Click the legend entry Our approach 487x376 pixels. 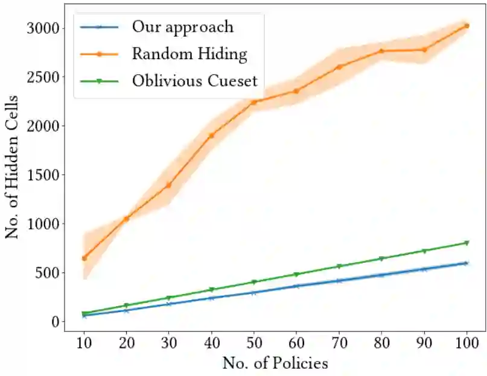(183, 27)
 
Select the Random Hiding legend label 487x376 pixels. (189, 54)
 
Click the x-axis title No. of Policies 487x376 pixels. (275, 363)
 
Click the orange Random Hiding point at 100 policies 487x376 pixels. (466, 26)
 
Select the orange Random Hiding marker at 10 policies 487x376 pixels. (84, 258)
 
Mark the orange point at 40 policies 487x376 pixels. (212, 136)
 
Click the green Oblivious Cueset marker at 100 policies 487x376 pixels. (466, 243)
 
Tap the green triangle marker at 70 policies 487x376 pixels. (339, 266)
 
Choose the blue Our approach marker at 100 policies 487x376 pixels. (466, 263)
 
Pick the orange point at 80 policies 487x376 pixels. (381, 51)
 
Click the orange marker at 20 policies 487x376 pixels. (127, 218)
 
